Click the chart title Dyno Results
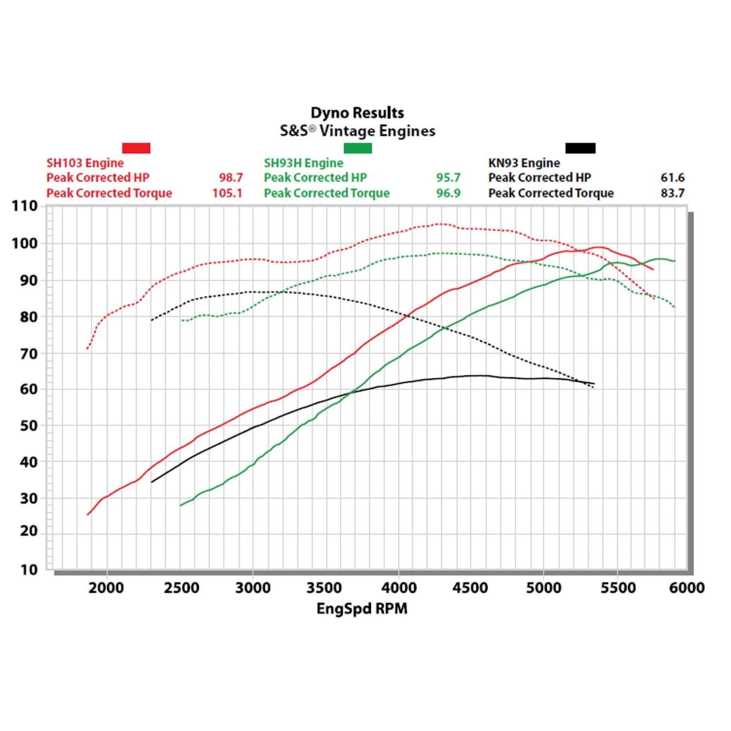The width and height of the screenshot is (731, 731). click(357, 113)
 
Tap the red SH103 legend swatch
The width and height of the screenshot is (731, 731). click(136, 148)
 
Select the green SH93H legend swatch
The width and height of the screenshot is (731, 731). click(358, 148)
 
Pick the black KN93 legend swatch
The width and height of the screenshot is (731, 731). click(580, 148)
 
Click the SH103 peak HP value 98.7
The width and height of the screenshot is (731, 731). click(231, 177)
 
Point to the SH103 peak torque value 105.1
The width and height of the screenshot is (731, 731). click(227, 193)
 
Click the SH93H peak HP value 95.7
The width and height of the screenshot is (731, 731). click(448, 177)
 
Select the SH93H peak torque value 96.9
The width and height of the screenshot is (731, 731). click(448, 193)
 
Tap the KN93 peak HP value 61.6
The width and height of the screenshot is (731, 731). click(673, 177)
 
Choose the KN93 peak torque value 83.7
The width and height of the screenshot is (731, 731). click(673, 193)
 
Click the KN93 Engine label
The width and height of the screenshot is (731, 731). click(524, 163)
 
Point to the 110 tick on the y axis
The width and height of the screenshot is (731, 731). click(24, 206)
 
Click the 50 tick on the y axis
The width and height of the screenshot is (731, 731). click(28, 425)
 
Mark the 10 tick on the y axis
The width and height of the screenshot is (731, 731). click(29, 569)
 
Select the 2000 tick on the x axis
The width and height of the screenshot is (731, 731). click(106, 588)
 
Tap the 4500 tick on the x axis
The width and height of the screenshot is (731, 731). click(470, 588)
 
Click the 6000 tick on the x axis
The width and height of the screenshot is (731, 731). click(687, 588)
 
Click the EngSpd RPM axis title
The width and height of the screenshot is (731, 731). click(362, 608)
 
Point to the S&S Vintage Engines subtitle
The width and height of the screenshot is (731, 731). click(357, 131)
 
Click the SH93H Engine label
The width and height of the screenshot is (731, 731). click(304, 163)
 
